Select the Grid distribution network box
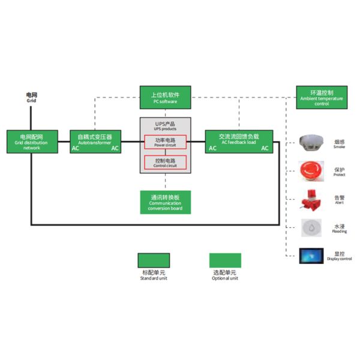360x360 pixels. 31,142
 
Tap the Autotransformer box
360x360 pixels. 95,142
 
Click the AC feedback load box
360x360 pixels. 238,142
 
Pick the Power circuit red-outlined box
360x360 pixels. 165,142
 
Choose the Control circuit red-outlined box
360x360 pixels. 165,162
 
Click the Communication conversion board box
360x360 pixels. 165,202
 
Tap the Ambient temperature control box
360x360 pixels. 321,97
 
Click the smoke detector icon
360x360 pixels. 312,142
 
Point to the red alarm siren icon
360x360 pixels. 312,199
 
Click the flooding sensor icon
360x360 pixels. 312,227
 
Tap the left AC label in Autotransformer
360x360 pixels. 76,148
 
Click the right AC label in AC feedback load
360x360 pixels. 265,148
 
